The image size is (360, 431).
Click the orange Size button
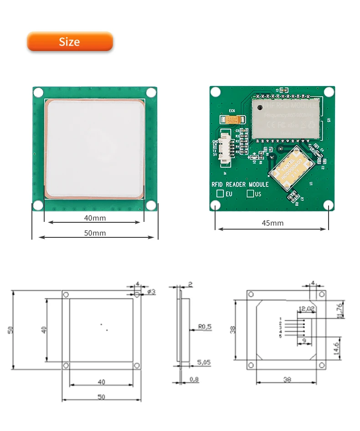pos(70,41)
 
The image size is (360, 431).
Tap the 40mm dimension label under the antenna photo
pos(95,218)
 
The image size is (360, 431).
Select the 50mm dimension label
pos(95,233)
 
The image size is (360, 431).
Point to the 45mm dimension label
pos(273,223)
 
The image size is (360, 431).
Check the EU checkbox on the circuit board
pos(220,194)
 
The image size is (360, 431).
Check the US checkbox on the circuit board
pos(250,194)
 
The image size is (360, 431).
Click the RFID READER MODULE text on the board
pos(240,185)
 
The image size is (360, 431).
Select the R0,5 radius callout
pos(205,326)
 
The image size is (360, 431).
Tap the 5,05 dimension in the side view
pos(204,363)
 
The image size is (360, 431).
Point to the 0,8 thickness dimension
pos(194,379)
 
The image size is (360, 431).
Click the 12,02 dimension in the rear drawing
pos(306,309)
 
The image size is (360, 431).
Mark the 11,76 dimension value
pos(341,310)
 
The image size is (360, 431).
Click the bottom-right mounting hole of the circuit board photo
pos(329,206)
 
